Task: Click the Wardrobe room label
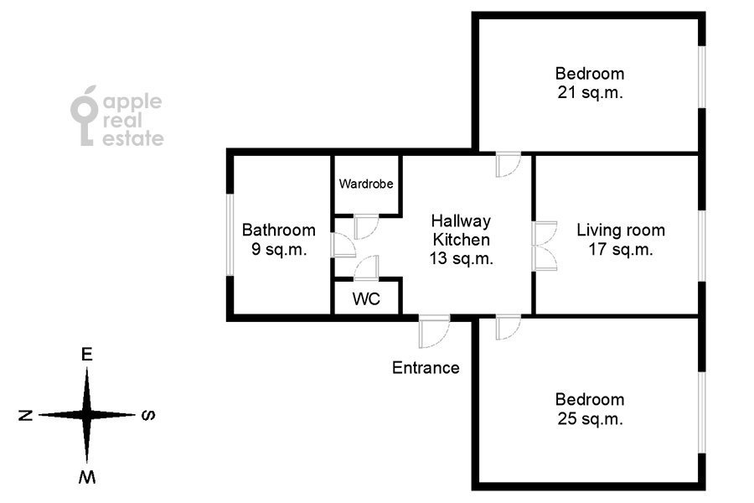click(x=366, y=184)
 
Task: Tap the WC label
click(x=366, y=298)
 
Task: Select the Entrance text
click(x=426, y=367)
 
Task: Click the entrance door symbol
click(x=434, y=331)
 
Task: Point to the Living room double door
click(x=545, y=246)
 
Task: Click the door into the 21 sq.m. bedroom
click(x=508, y=164)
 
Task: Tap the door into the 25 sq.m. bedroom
click(x=508, y=327)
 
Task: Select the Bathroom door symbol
click(x=343, y=245)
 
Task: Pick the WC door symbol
click(x=366, y=267)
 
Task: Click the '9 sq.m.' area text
click(x=279, y=249)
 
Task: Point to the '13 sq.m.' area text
click(x=460, y=259)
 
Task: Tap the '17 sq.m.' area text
click(x=620, y=249)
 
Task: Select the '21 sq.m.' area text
click(x=590, y=93)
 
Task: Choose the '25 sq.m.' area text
click(x=590, y=419)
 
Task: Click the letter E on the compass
click(x=86, y=355)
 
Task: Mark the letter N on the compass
click(x=26, y=414)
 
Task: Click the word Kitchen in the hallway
click(x=460, y=241)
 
